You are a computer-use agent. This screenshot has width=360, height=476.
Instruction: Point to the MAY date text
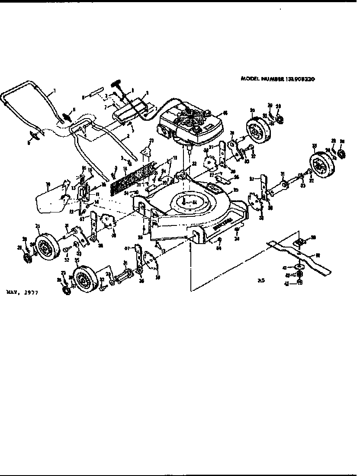22,293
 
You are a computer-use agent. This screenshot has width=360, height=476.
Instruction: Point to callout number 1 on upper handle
55,92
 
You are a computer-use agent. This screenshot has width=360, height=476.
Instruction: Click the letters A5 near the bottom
260,280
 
